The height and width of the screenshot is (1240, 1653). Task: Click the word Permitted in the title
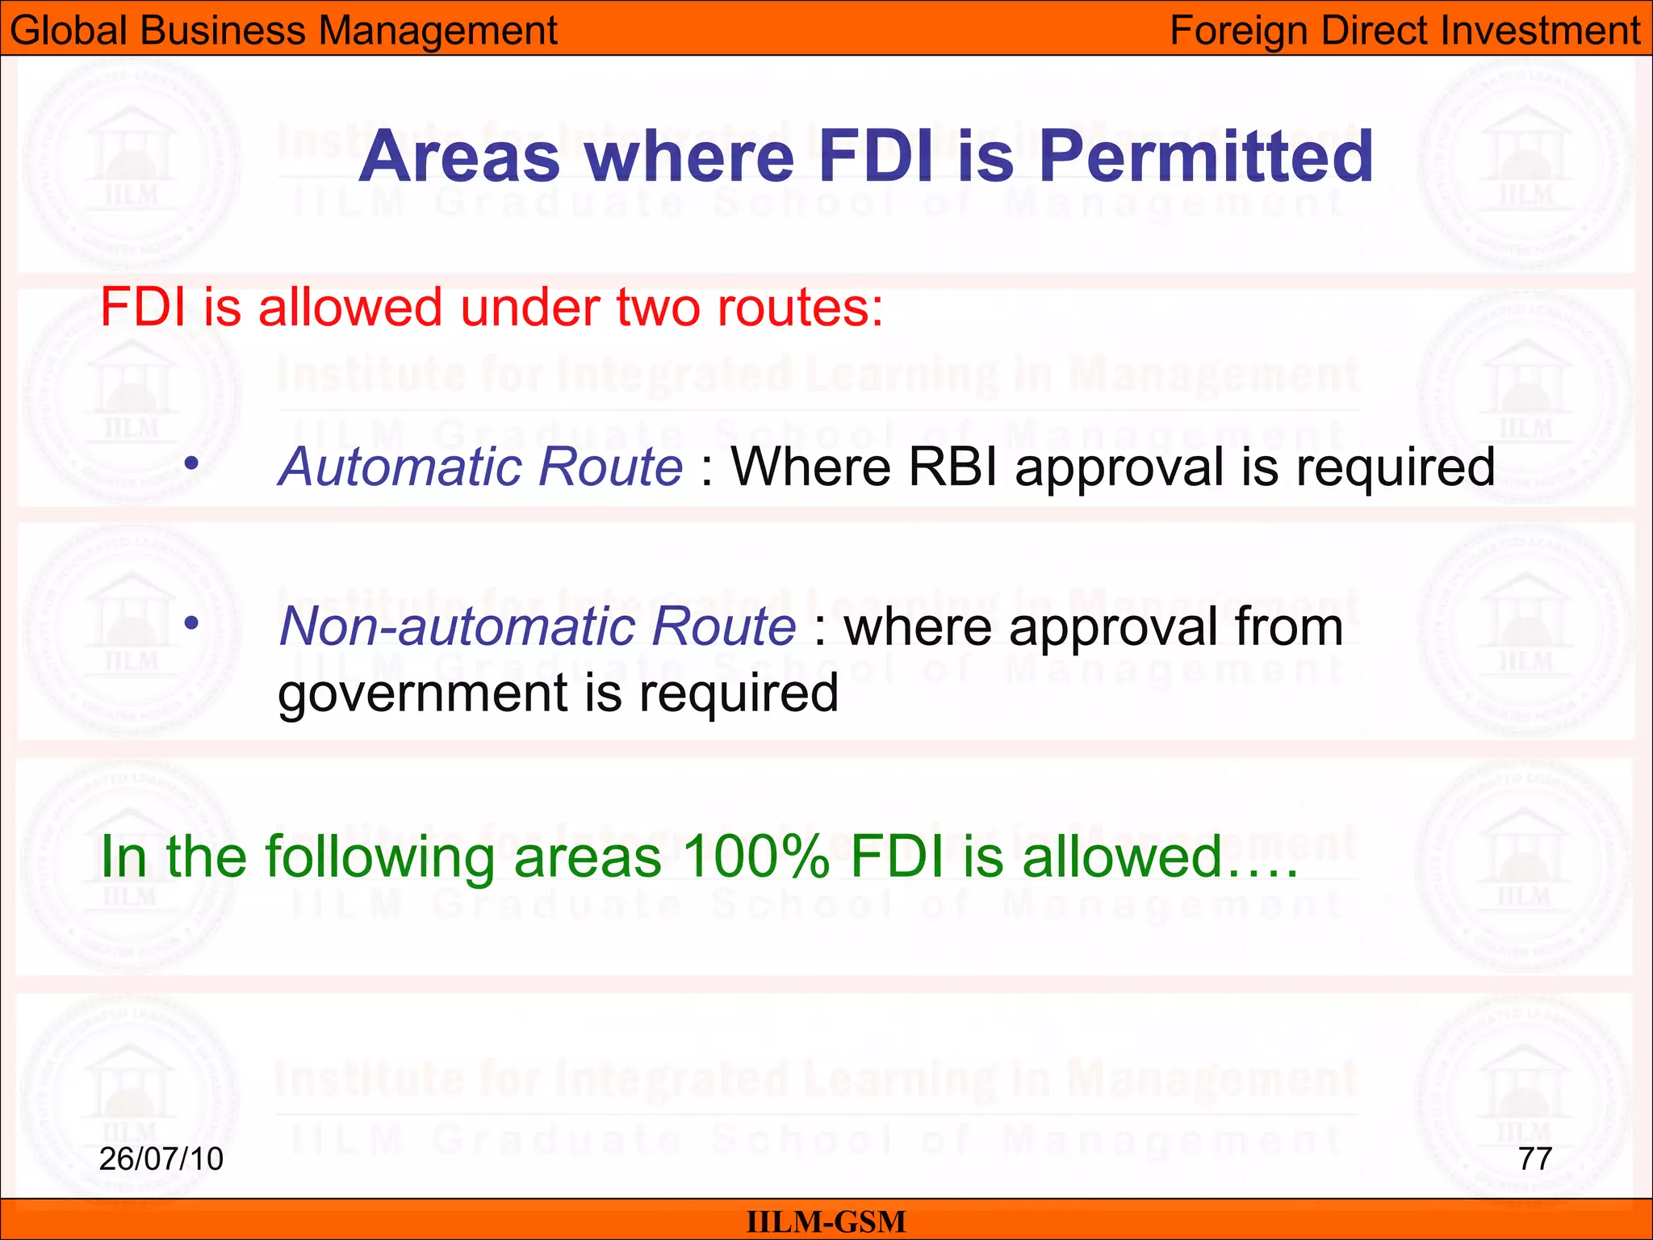coord(1206,157)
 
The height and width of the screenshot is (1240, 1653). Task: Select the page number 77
coord(1535,1158)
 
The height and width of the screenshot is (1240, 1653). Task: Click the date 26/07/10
coord(161,1158)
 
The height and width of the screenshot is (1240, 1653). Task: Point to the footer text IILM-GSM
coord(826,1221)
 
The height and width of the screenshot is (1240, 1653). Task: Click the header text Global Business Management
coord(283,31)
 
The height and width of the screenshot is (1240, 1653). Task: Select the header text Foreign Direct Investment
coord(1405,31)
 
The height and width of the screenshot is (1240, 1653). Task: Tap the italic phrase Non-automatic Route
coord(538,626)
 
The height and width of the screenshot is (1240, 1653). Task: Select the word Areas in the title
coord(459,157)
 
